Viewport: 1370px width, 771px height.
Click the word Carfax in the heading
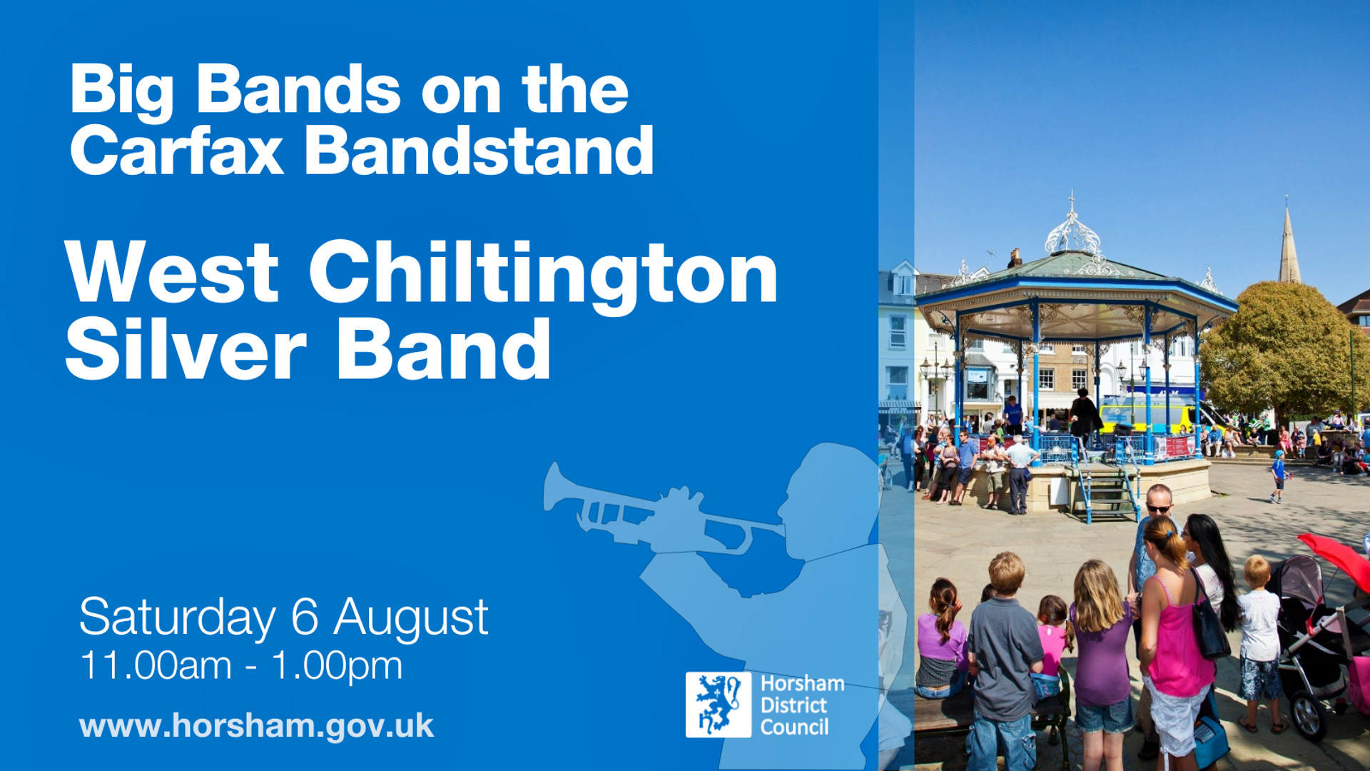(177, 151)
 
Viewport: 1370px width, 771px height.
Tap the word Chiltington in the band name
(543, 276)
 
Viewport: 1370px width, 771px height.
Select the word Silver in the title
(186, 350)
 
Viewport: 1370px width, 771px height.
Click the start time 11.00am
(156, 665)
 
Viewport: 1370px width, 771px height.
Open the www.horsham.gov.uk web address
(256, 727)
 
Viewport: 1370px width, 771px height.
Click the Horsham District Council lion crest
(719, 705)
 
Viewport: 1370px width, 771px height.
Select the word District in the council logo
(793, 705)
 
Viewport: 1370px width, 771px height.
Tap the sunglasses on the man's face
(1159, 509)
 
